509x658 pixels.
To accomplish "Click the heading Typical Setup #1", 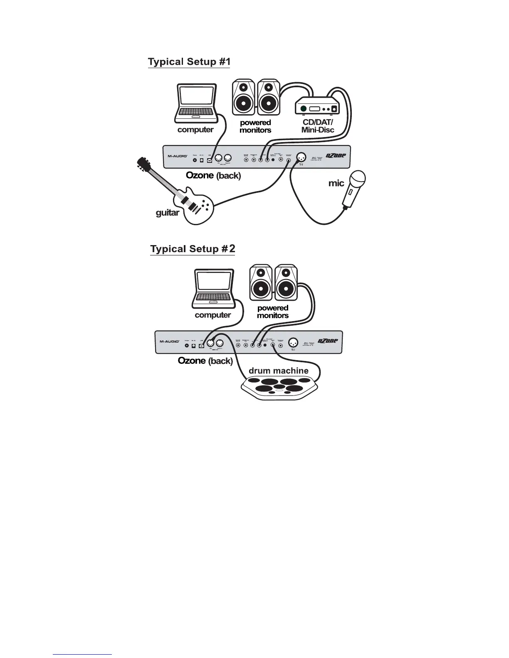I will (189, 62).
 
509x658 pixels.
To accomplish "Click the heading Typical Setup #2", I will (193, 249).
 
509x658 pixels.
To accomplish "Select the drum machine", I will (280, 387).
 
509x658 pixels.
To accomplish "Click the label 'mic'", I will (336, 183).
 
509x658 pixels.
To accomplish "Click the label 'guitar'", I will (167, 213).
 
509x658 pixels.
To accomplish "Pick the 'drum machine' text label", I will (278, 371).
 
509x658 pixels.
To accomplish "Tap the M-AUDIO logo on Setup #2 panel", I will (170, 342).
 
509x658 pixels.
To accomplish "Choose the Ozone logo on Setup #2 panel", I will (328, 341).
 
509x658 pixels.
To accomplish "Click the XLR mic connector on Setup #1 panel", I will (302, 157).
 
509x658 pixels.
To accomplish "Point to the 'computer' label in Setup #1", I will (195, 130).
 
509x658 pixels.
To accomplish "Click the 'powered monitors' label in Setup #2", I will (273, 312).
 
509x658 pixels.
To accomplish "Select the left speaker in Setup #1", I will (243, 97).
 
